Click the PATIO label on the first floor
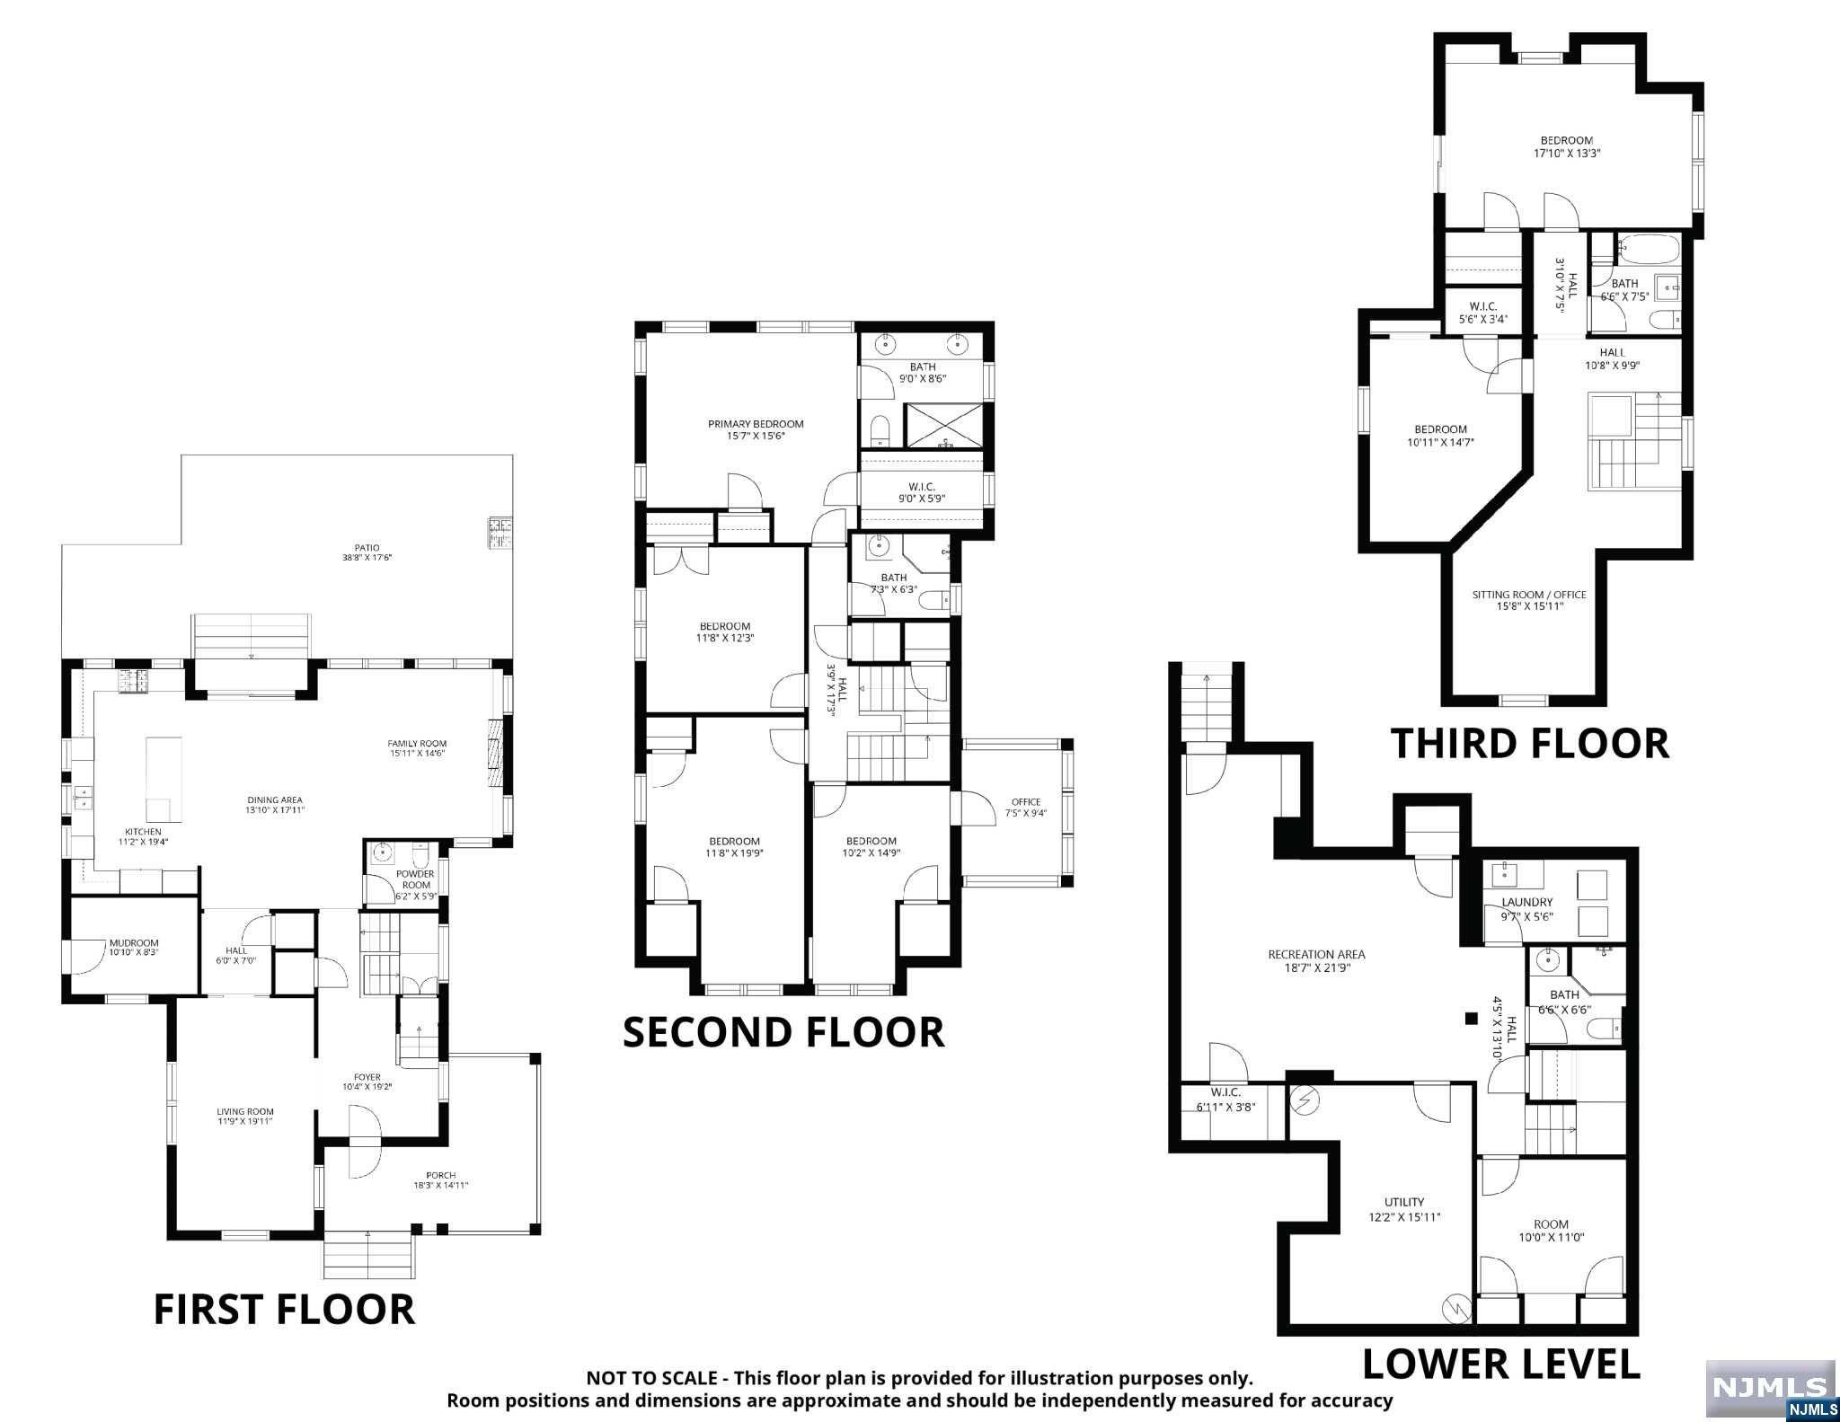367,547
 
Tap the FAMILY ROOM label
417,743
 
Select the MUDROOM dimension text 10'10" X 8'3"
134,952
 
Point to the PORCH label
441,1175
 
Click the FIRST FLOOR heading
284,1309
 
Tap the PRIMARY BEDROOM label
756,424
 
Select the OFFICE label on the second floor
1025,802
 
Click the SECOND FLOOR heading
783,1032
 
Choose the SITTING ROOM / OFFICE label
1529,595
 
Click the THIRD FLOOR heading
1529,744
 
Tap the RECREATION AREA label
1316,954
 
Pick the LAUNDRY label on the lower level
1527,902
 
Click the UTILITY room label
1404,1202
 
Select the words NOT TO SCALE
652,1378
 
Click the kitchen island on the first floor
164,779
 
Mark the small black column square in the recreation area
1471,1018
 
